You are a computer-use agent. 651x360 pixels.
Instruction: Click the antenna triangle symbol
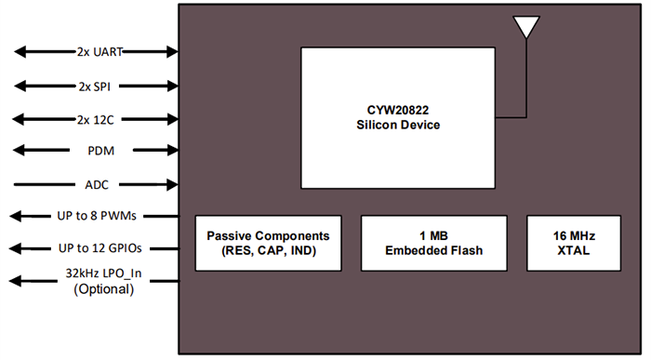click(x=526, y=26)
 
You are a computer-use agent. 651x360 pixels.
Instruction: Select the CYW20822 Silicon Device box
click(x=397, y=117)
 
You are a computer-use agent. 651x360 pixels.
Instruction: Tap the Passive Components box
click(x=269, y=243)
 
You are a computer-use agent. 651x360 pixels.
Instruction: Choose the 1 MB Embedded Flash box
click(x=434, y=243)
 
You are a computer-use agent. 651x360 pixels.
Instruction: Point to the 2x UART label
click(x=96, y=52)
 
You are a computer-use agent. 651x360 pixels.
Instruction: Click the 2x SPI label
click(x=96, y=86)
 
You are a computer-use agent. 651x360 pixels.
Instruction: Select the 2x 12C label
click(x=96, y=119)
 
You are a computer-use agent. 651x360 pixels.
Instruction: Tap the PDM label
click(x=96, y=151)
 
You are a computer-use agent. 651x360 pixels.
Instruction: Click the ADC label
click(x=96, y=184)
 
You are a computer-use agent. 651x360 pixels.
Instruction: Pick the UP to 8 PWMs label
click(x=96, y=216)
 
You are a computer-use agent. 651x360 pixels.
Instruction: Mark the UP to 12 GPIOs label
click(x=96, y=248)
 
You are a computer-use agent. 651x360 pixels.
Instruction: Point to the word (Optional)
click(x=96, y=290)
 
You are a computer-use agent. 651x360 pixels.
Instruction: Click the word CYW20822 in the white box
click(x=397, y=109)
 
